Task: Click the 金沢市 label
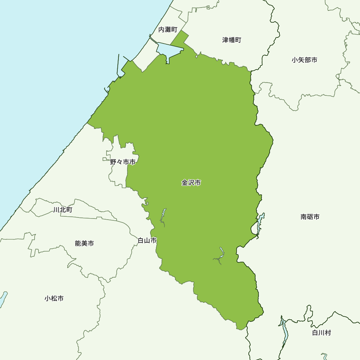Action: tap(191, 183)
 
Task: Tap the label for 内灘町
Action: tap(168, 30)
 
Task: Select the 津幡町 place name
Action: tap(232, 40)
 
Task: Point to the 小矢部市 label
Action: tap(305, 60)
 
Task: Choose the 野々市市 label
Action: tap(123, 162)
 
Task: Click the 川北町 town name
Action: tap(63, 210)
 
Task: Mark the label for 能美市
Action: tap(84, 243)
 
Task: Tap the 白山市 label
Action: tap(147, 240)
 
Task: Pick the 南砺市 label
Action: tap(310, 217)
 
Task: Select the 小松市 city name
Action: tap(54, 298)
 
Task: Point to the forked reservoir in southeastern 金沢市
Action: tap(221, 253)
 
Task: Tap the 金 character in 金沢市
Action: tap(185, 183)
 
